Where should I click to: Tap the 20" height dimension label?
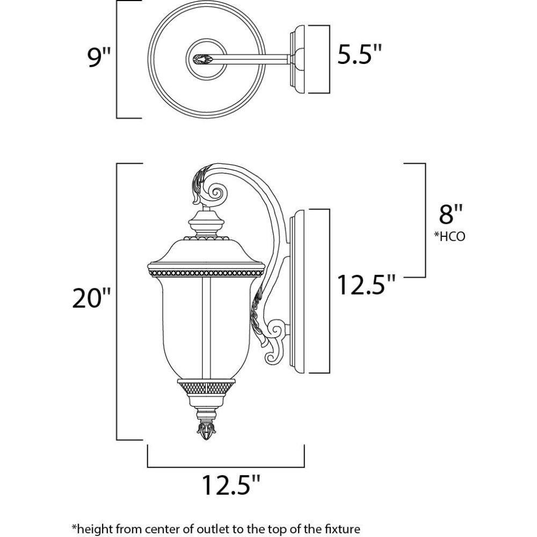click(x=91, y=298)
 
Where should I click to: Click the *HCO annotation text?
click(x=449, y=236)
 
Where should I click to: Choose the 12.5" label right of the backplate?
click(x=366, y=285)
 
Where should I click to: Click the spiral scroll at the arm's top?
click(x=216, y=193)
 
